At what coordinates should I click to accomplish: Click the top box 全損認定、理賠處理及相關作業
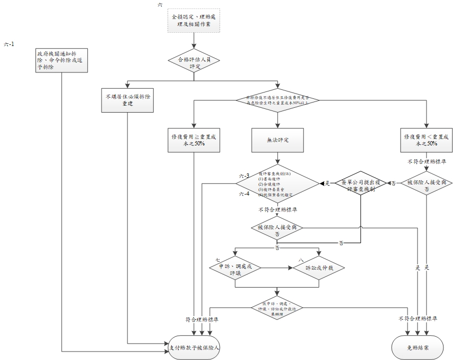(194, 21)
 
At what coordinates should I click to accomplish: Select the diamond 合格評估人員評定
(194, 62)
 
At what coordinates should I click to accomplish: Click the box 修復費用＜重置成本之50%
(426, 140)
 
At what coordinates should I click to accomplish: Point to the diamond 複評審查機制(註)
(277, 183)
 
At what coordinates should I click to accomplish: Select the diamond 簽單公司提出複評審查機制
(362, 183)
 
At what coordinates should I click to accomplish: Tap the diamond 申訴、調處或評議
(235, 267)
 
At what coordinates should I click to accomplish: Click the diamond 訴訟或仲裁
(319, 267)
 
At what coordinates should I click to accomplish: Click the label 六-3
(244, 176)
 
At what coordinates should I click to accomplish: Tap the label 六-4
(244, 195)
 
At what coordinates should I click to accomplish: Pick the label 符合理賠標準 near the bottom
(202, 319)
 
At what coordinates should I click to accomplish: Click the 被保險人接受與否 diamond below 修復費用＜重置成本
(426, 183)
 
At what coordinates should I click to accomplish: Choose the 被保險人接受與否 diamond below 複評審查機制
(277, 229)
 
